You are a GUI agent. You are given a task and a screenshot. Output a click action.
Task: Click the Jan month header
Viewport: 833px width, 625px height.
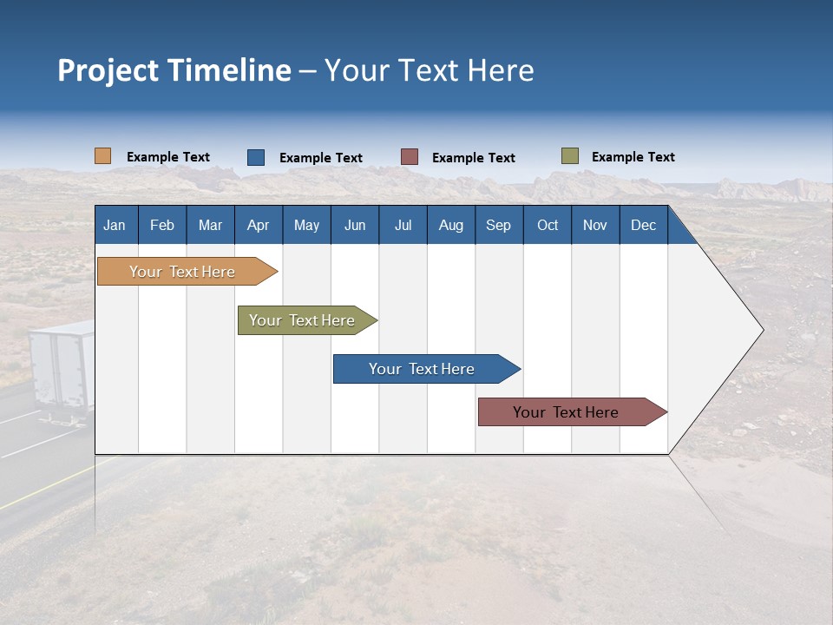(x=115, y=225)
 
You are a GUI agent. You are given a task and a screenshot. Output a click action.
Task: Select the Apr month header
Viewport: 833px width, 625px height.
(x=258, y=225)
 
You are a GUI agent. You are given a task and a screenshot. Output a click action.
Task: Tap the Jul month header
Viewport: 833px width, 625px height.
(x=403, y=225)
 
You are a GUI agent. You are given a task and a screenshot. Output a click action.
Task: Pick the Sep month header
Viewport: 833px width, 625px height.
(x=498, y=225)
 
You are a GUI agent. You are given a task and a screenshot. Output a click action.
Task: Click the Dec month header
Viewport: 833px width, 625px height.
(x=643, y=225)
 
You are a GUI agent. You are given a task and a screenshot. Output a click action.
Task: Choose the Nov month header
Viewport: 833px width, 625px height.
(x=594, y=225)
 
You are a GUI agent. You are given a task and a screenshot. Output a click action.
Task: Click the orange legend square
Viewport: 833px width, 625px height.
(x=102, y=156)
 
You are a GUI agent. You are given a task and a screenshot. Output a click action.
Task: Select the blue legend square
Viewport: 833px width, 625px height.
(x=256, y=157)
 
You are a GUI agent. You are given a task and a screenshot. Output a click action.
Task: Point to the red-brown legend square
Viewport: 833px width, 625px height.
(x=410, y=157)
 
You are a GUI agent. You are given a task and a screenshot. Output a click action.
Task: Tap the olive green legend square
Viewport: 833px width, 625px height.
(x=569, y=156)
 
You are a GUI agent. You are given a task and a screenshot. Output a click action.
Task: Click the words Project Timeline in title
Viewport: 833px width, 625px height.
(x=174, y=70)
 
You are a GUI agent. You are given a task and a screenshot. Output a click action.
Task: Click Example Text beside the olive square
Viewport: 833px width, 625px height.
(x=633, y=157)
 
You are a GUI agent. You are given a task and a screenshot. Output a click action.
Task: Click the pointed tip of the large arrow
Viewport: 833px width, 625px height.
(x=762, y=330)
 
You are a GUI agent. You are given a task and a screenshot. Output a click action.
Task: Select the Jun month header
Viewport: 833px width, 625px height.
(x=355, y=225)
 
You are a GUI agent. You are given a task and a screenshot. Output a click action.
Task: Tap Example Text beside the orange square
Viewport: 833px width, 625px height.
(x=167, y=157)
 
